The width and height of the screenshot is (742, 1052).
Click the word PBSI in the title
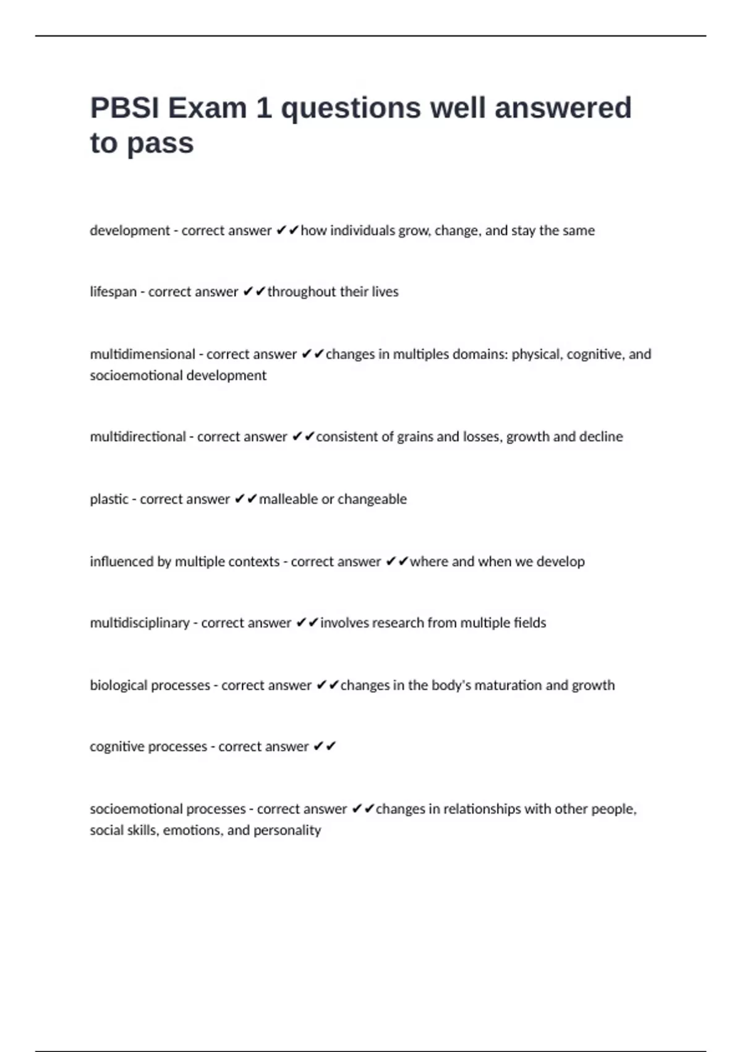point(125,108)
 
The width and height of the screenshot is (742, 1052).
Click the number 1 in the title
point(264,108)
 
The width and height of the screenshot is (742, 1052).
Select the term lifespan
point(113,292)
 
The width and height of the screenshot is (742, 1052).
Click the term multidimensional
point(142,354)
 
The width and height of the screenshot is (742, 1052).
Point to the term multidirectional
point(138,437)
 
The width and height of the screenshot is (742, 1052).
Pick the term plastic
point(109,499)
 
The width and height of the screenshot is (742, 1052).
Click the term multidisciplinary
point(140,623)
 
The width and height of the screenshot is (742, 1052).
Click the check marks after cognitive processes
point(325,747)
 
